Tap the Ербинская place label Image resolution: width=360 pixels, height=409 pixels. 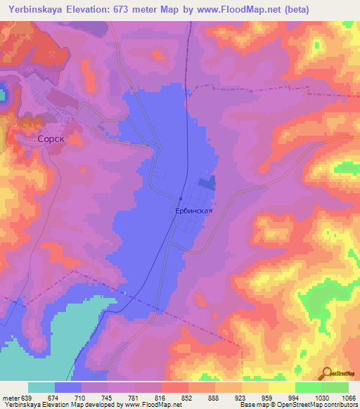pos(193,209)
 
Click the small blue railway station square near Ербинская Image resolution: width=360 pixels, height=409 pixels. pos(181,197)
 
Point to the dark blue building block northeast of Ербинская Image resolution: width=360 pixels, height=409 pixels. pos(206,183)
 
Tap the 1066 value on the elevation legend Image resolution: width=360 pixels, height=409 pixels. pos(349,397)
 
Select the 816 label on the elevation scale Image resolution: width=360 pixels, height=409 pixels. pos(161,397)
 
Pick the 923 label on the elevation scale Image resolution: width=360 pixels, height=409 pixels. pos(241,397)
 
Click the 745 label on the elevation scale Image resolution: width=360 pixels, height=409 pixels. pos(108,397)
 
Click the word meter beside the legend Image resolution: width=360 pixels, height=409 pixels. pos(10,397)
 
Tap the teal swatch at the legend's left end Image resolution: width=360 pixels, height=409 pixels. pos(41,387)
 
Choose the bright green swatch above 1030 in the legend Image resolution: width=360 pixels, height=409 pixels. pos(309,387)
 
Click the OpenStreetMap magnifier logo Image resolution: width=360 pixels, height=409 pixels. pos(328,372)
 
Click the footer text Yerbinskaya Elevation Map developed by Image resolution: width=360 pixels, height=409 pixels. pos(59,405)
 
